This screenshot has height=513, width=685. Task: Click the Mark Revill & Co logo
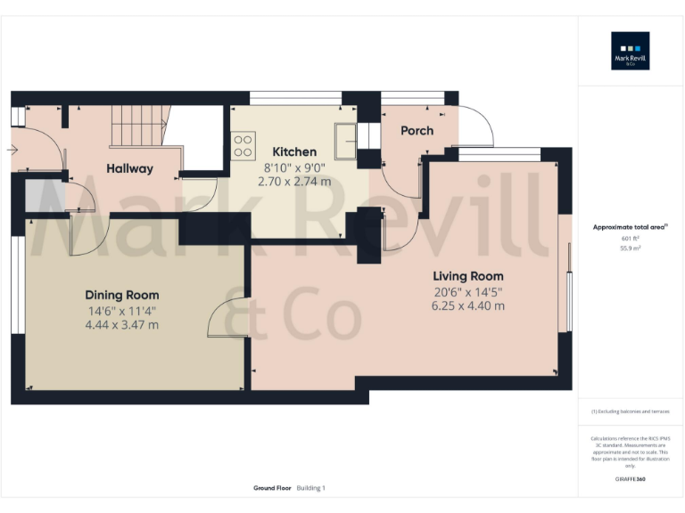pyautogui.click(x=630, y=51)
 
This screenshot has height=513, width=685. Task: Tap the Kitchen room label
pyautogui.click(x=294, y=151)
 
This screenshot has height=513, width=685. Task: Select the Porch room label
pyautogui.click(x=417, y=130)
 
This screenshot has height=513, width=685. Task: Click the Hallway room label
pyautogui.click(x=129, y=168)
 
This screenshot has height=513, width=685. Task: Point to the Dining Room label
pyautogui.click(x=122, y=295)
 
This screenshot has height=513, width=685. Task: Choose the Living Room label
pyautogui.click(x=468, y=276)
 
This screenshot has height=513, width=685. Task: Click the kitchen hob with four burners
pyautogui.click(x=243, y=145)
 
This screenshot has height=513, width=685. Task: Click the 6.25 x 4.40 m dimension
pyautogui.click(x=468, y=305)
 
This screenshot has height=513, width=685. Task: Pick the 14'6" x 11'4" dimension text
pyautogui.click(x=122, y=311)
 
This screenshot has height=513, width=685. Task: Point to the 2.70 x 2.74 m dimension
pyautogui.click(x=294, y=181)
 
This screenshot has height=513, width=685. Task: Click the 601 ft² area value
pyautogui.click(x=630, y=239)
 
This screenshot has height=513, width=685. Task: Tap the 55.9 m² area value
pyautogui.click(x=630, y=248)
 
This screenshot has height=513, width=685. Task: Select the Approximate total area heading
pyautogui.click(x=630, y=227)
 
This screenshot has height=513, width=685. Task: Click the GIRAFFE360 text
pyautogui.click(x=630, y=479)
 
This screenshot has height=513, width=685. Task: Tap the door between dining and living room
pyautogui.click(x=227, y=319)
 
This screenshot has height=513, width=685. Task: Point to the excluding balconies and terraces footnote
pyautogui.click(x=630, y=411)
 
